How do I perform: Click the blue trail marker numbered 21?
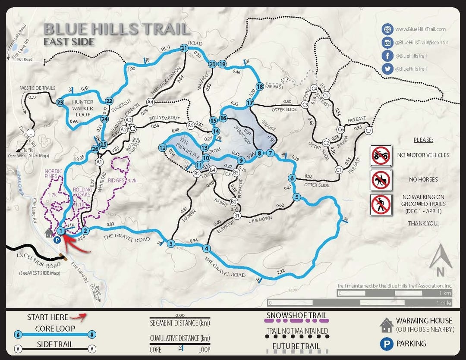[x=184, y=48]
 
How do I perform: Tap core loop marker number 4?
[x=207, y=248]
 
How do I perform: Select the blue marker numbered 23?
[x=60, y=102]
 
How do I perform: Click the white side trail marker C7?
[x=368, y=130]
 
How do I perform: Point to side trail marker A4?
[x=150, y=102]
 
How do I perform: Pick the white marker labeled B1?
[x=237, y=215]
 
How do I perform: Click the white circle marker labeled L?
[x=30, y=133]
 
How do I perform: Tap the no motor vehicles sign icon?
[x=381, y=155]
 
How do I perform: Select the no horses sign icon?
[x=381, y=180]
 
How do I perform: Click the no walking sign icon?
[x=381, y=204]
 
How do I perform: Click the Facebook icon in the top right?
[x=387, y=56]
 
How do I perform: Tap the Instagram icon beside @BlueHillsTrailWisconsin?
[x=387, y=42]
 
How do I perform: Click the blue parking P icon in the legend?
[x=385, y=344]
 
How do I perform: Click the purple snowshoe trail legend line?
[x=297, y=321]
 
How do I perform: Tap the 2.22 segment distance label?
[x=281, y=271]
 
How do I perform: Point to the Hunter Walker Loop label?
[x=83, y=108]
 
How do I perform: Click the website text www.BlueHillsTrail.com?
[x=420, y=29]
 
